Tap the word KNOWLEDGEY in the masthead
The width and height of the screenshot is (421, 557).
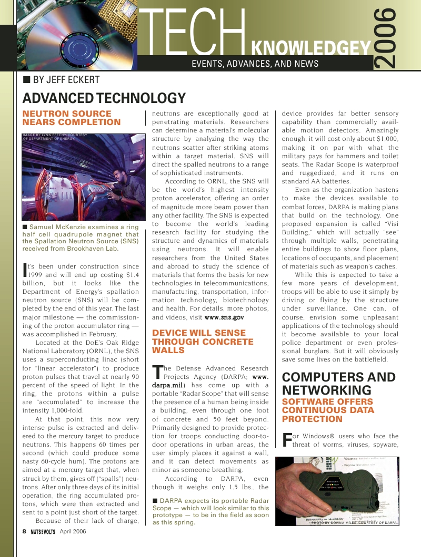coord(312,49)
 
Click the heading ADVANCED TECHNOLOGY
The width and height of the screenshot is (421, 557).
coord(104,98)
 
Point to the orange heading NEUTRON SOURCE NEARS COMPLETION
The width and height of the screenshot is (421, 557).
coord(72,118)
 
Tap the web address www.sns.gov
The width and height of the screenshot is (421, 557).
coord(224,317)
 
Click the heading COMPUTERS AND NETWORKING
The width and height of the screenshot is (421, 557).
coord(339,384)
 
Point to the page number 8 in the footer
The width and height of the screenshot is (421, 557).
coord(24,531)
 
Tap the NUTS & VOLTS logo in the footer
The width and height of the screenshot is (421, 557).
coord(43,531)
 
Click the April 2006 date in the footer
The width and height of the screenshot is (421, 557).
coord(73,531)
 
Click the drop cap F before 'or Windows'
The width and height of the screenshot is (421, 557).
coord(287,440)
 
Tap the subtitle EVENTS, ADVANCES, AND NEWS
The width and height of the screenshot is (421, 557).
coord(255,64)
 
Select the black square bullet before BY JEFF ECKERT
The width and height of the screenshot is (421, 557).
coord(26,80)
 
